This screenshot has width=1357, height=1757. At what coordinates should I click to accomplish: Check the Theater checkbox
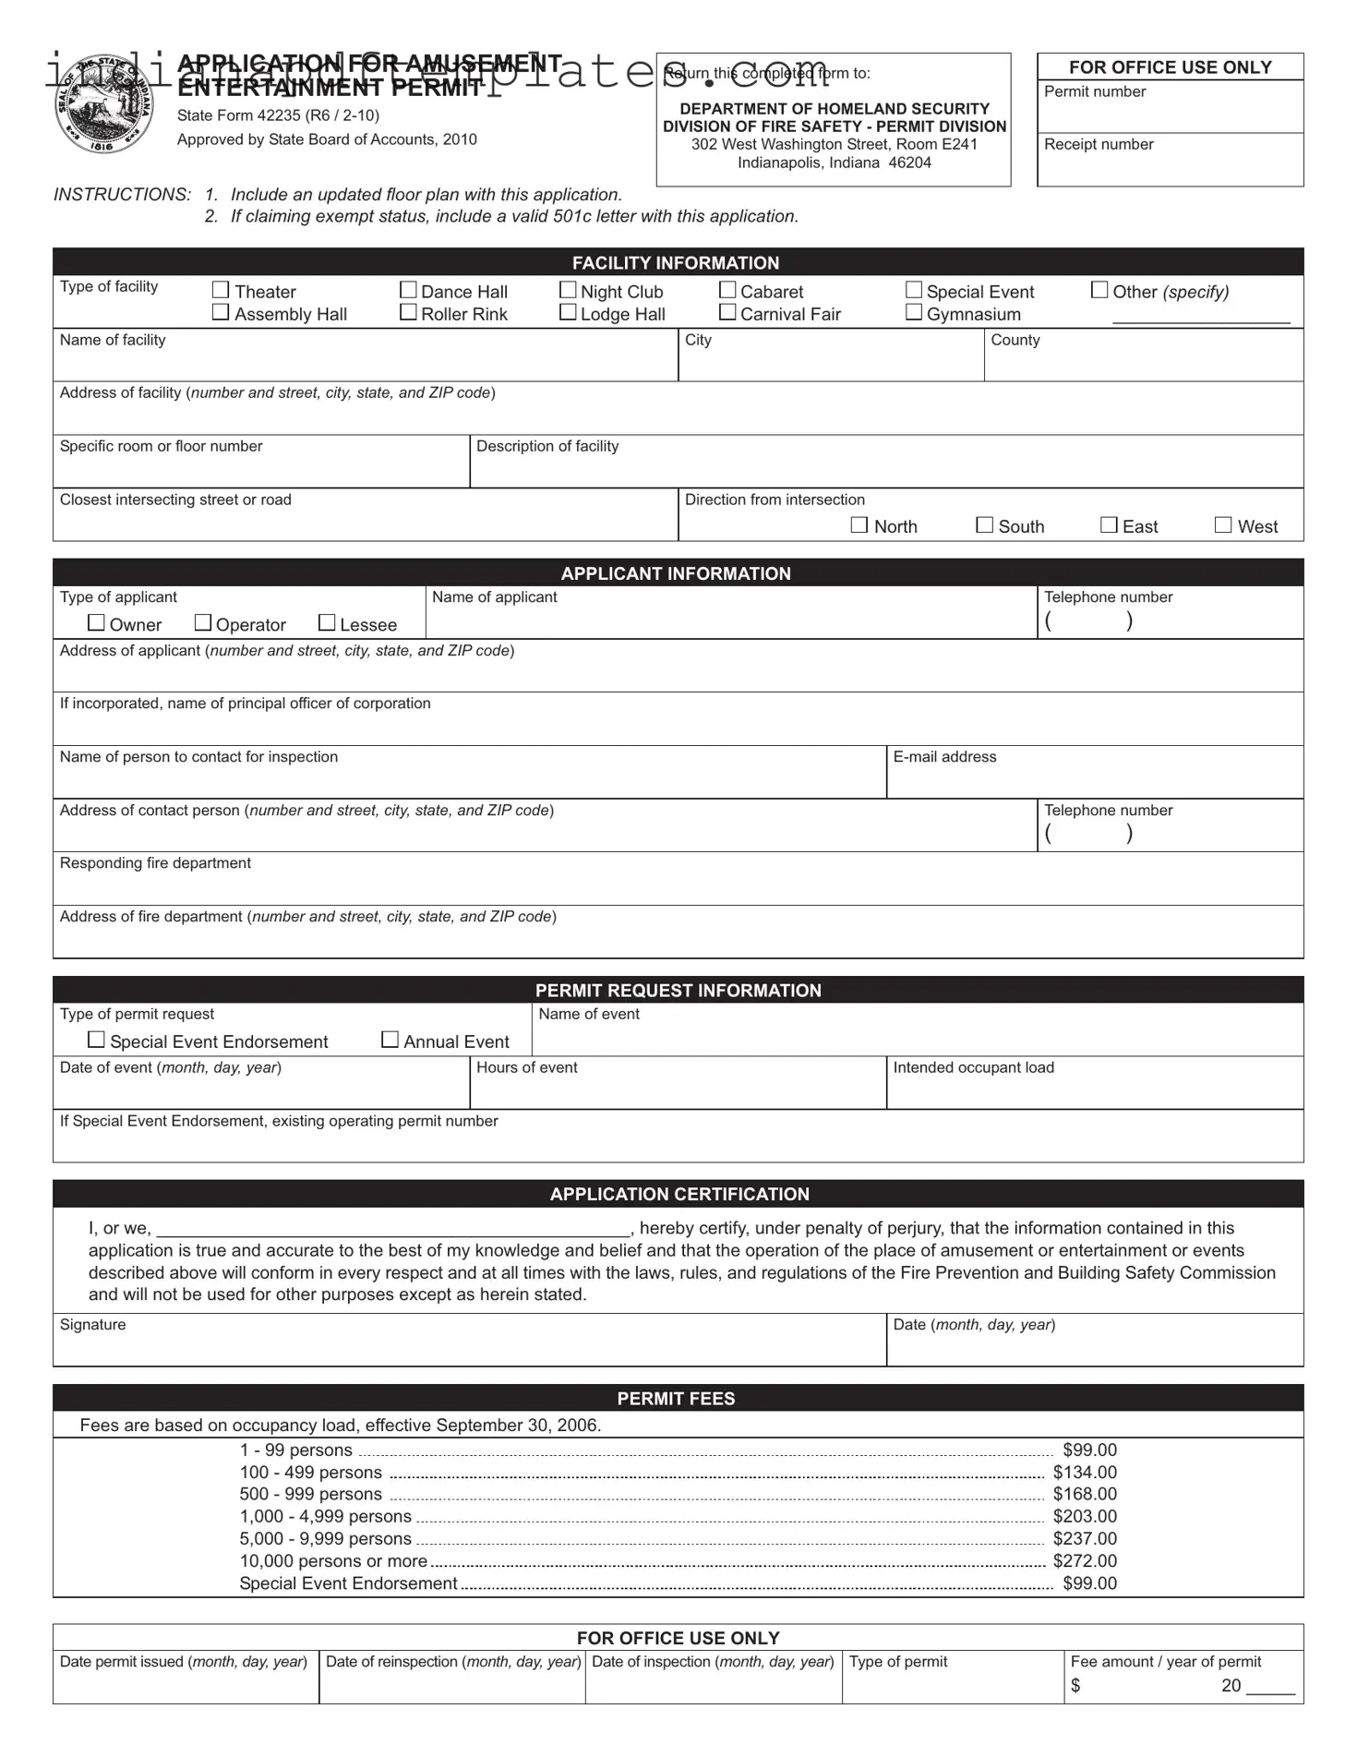(221, 290)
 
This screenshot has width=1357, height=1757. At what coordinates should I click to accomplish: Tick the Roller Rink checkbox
(408, 312)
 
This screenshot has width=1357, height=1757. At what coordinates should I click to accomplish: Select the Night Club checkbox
(568, 290)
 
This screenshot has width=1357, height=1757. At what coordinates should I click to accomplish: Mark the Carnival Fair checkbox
(727, 312)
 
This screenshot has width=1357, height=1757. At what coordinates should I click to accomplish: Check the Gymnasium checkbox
(914, 312)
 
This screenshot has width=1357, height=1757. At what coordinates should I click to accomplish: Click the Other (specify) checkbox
(1099, 290)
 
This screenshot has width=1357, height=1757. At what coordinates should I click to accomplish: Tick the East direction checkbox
(1109, 524)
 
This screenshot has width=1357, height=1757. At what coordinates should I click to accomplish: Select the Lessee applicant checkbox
(327, 623)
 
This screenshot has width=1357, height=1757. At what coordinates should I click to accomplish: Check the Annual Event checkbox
(390, 1040)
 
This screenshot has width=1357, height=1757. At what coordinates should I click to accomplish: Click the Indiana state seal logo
(95, 104)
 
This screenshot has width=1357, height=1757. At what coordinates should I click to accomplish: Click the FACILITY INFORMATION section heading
(676, 262)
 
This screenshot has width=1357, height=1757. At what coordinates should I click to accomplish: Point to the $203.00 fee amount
(1085, 1516)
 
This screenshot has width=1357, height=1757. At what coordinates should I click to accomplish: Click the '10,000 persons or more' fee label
(333, 1560)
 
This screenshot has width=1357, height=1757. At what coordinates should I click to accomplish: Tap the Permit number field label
(1095, 91)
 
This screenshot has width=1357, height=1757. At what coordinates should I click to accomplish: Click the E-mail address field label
(944, 756)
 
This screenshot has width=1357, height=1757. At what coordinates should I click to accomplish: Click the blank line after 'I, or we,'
(394, 1229)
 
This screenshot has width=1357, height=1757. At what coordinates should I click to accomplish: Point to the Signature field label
(92, 1324)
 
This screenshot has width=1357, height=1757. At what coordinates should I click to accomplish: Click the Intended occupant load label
(973, 1067)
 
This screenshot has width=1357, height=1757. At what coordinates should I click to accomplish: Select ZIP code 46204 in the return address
(909, 162)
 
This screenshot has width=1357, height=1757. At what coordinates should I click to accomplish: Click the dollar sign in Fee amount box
(1075, 1686)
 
